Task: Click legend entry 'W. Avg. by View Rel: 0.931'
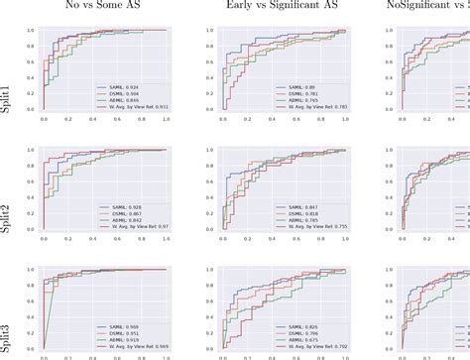click(139, 107)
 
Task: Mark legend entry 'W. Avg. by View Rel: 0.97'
click(137, 227)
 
